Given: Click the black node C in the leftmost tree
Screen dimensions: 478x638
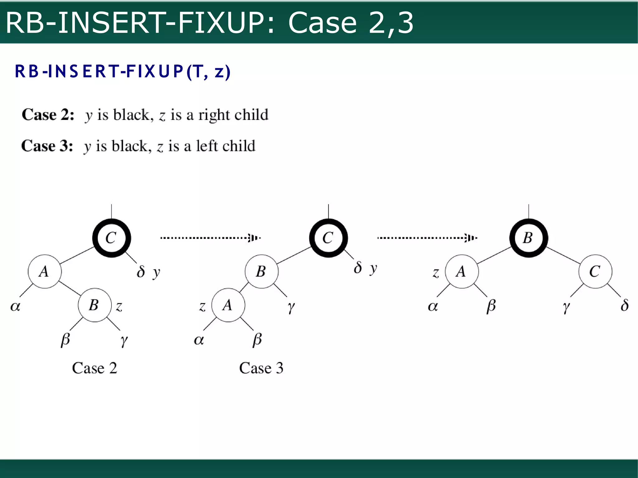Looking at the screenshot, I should coord(112,238).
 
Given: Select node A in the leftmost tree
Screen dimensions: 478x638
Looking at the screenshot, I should coord(45,271).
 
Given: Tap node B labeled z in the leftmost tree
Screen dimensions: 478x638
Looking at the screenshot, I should coord(94,305).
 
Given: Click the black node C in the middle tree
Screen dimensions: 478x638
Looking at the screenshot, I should coord(328,238).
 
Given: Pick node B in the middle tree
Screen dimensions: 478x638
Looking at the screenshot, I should coord(261,271).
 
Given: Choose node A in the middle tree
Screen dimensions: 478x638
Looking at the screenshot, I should coord(228,305).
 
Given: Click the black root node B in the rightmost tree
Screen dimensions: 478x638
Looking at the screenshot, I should coord(528,238).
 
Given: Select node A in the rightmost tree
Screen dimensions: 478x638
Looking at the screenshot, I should coord(462,271).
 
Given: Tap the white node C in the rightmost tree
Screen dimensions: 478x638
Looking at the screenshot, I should coord(595,271).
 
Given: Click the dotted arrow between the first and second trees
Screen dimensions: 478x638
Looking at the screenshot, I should coord(210,238).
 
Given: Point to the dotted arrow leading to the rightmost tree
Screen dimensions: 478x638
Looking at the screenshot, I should coord(427,238).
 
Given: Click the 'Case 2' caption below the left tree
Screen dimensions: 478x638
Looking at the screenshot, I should coord(94,368).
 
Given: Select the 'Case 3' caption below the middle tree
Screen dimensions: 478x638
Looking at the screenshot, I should coord(261,368).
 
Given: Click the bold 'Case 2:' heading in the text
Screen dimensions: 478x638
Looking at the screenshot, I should coord(48,115).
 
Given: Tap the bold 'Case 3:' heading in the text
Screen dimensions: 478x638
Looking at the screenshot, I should coord(47,146).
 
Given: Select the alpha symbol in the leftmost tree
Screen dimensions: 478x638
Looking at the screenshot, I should coord(15,306).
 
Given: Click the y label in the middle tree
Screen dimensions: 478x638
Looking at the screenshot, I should coord(373,268).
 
